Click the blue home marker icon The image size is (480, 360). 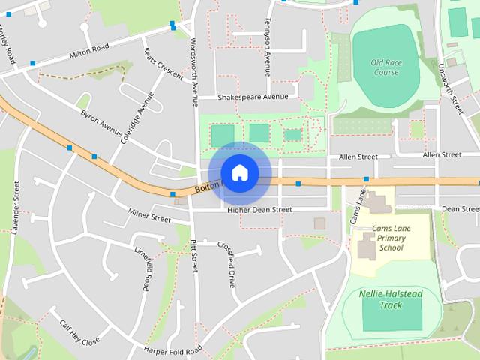pos(239,173)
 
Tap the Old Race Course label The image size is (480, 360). pos(386,67)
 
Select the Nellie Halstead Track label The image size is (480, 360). pos(390,299)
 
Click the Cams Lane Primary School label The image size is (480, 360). pos(391,238)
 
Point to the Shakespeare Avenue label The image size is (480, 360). pos(253,97)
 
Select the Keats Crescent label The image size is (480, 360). pos(163,64)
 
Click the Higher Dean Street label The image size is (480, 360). pos(259,211)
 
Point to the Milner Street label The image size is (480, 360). pos(149,217)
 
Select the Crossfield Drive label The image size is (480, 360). pos(226,265)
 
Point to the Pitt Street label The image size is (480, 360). pos(193,255)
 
